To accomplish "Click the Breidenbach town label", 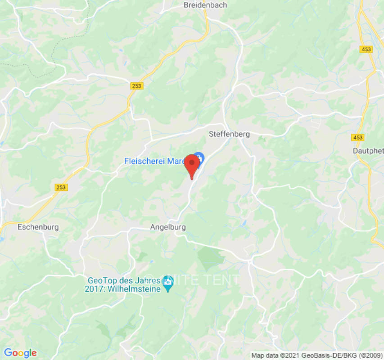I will tap(205, 5).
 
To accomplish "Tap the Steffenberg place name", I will tap(229, 134).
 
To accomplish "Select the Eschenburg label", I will tap(38, 227).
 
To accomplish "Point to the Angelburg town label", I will tap(168, 228).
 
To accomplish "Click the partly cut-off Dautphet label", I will tap(369, 151).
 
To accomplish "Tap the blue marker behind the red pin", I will tap(200, 157).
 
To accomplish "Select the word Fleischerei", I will tap(145, 161).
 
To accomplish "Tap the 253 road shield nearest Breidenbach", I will tap(137, 86).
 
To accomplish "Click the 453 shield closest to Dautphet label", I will tap(358, 137).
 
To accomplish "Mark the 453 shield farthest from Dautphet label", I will tap(366, 49).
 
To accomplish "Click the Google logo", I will tap(20, 353).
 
